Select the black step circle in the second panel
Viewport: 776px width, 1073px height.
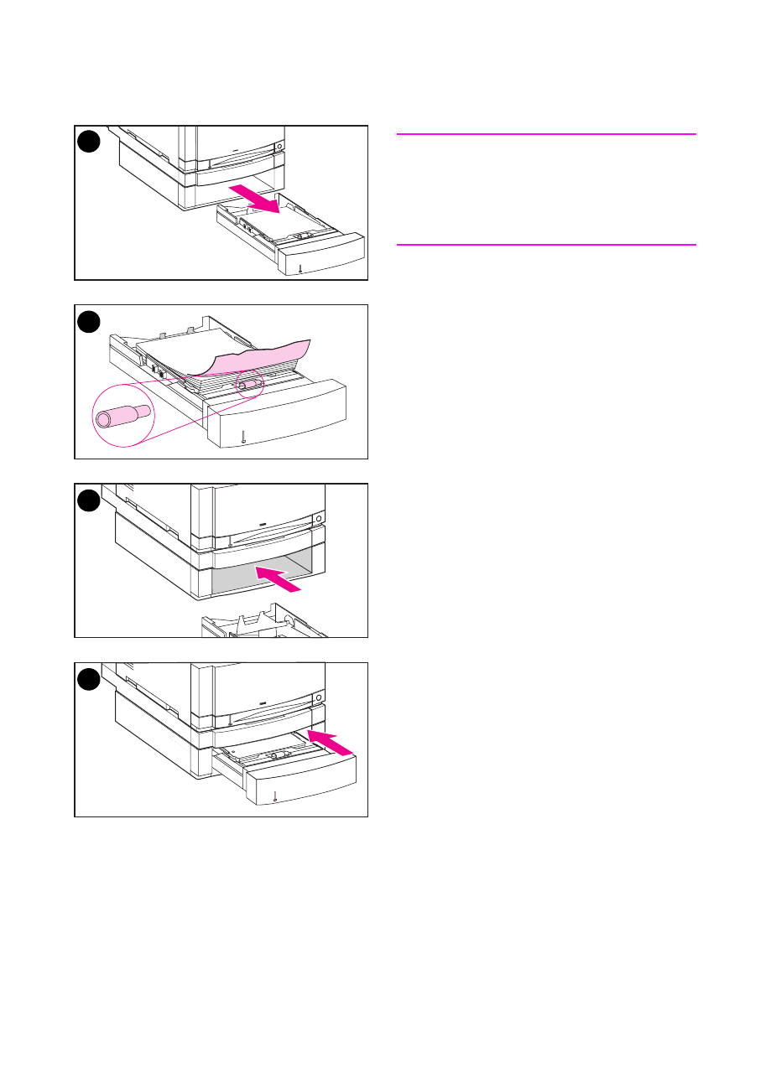89,321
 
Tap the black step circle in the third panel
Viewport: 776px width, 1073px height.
89,500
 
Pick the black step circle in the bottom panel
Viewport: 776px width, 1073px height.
89,679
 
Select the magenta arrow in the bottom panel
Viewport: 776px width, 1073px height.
331,740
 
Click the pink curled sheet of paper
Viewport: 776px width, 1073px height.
252,356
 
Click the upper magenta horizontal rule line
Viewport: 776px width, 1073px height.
545,133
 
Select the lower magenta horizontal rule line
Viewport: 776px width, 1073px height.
545,245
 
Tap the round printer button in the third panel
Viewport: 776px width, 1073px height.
319,519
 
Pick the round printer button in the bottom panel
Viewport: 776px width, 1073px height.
319,697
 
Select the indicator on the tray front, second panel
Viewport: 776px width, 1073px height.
243,437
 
